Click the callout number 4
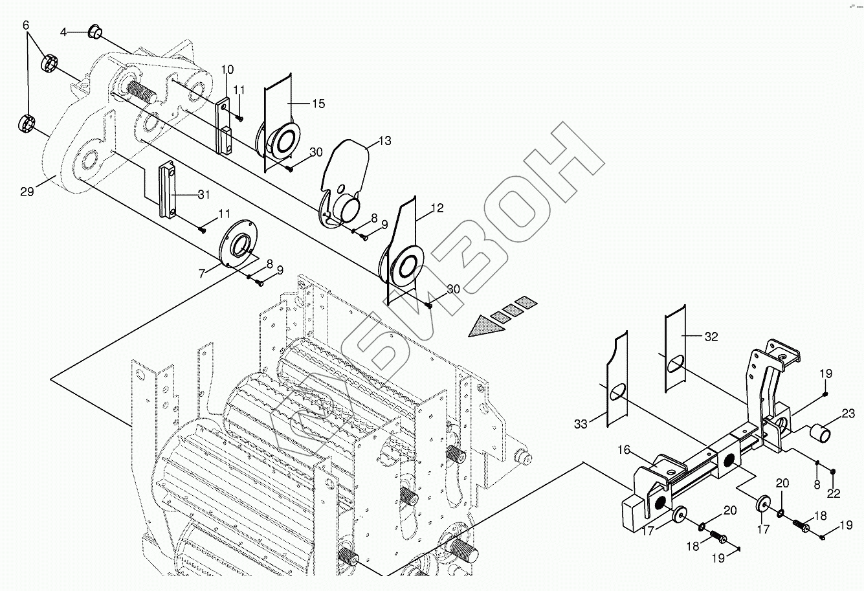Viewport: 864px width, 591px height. point(64,32)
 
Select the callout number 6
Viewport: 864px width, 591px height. point(26,25)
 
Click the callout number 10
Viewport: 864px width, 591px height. point(227,69)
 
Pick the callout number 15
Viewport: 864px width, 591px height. point(318,104)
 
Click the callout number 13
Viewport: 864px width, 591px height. point(384,140)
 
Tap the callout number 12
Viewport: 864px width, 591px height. point(437,208)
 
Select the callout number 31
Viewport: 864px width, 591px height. point(205,194)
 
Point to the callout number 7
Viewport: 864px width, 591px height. point(203,274)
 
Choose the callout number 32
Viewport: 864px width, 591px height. point(711,337)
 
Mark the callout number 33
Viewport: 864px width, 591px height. point(580,425)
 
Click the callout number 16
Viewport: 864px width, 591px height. point(624,449)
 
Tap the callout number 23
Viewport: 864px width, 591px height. point(848,412)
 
